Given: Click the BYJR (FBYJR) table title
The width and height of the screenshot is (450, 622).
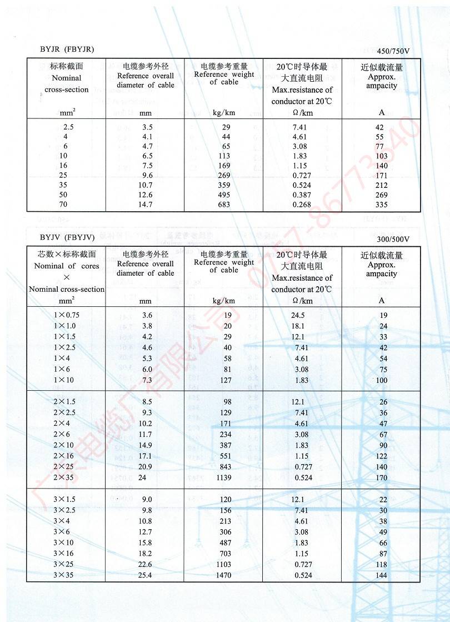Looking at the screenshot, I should [x=67, y=49].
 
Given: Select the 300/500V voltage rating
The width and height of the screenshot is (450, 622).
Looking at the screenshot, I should [x=393, y=240].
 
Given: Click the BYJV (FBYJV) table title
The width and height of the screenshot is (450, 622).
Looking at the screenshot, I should [x=67, y=237].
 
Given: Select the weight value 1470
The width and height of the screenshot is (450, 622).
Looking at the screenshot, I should [x=223, y=575].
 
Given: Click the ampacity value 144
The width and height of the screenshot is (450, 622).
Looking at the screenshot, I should [x=382, y=575].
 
